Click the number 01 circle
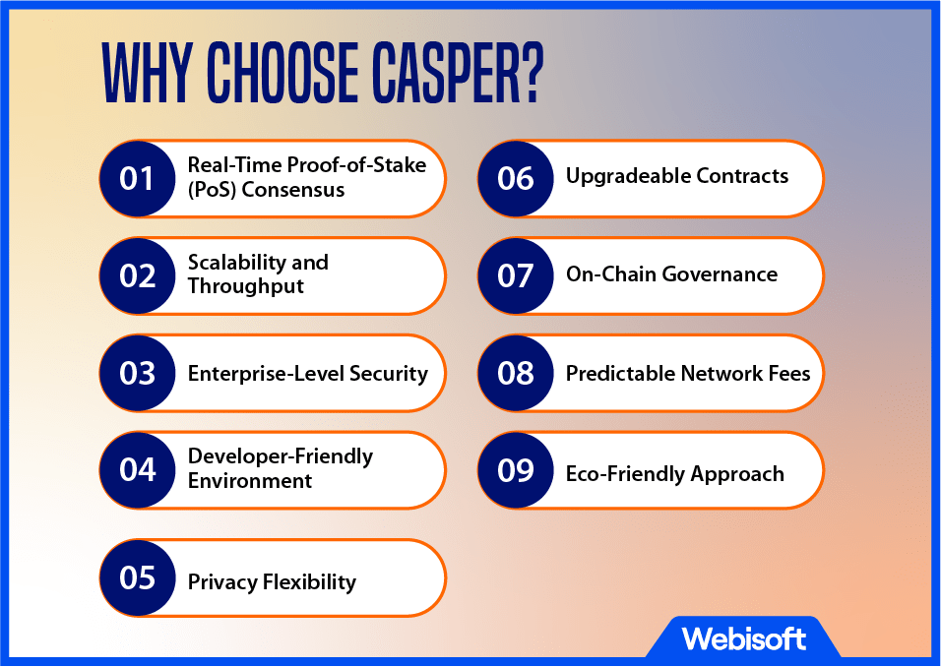tap(138, 179)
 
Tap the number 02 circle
tap(138, 275)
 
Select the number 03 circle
tap(138, 373)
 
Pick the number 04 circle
tap(138, 469)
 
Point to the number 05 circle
tap(138, 577)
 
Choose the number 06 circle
tap(516, 179)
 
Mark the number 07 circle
tap(516, 275)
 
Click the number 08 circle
tap(516, 373)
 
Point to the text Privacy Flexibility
tap(272, 581)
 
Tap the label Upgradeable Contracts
tap(677, 176)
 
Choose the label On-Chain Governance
tap(671, 274)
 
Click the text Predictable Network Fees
tap(688, 373)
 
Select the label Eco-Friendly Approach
tap(675, 473)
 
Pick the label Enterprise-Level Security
tap(308, 373)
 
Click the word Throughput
tap(246, 286)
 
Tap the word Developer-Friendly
tap(281, 456)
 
